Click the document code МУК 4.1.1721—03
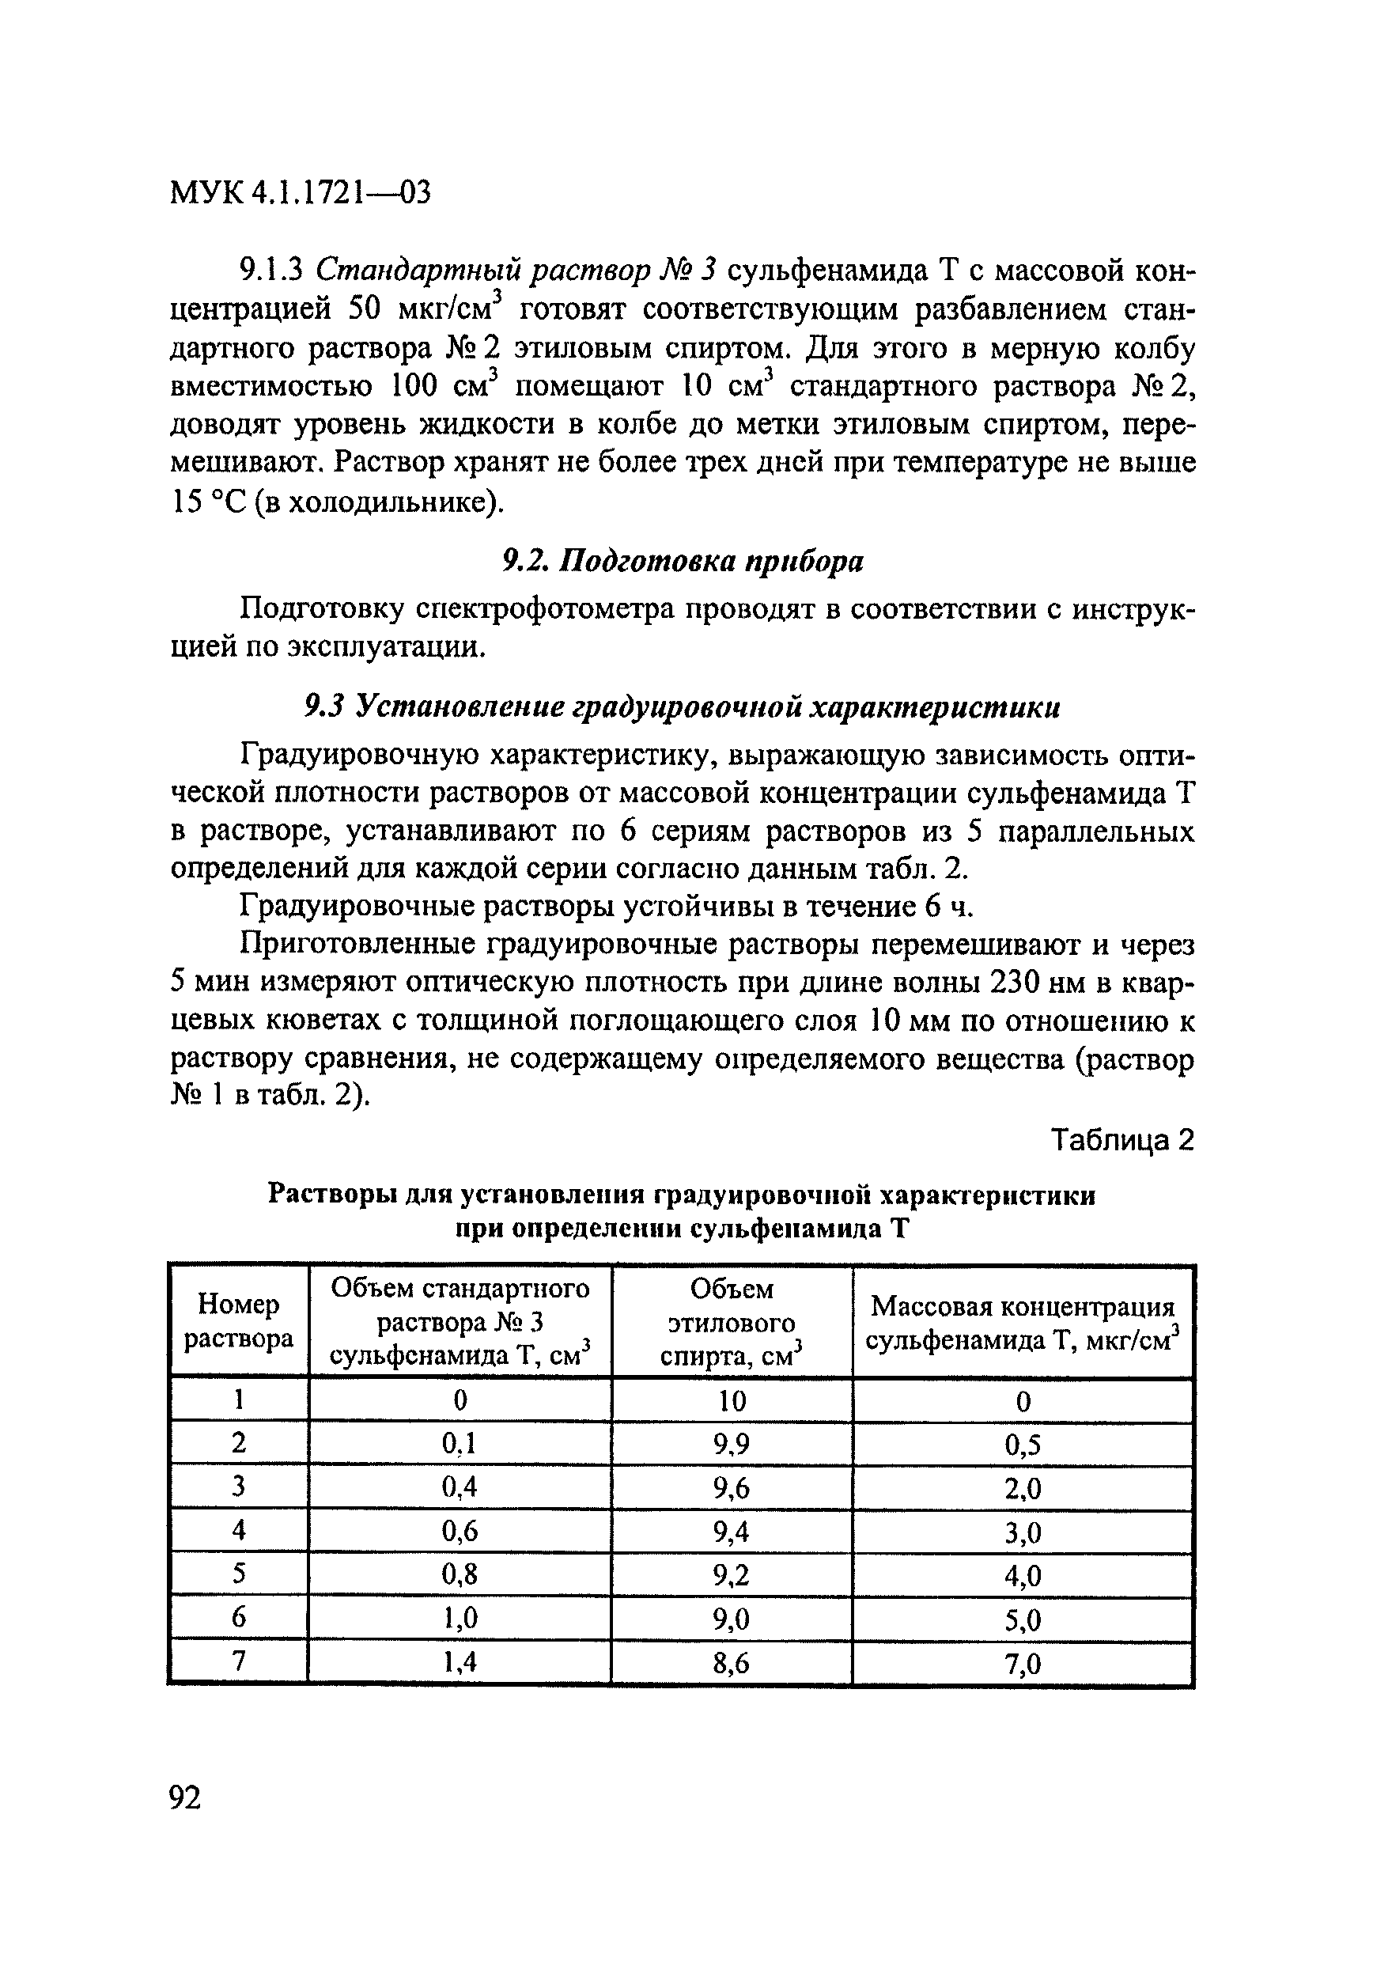pyautogui.click(x=300, y=193)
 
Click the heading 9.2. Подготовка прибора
pyautogui.click(x=682, y=561)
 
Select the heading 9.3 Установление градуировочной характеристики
pyautogui.click(x=682, y=706)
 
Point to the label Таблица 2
pyautogui.click(x=1121, y=1140)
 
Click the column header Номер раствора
pyautogui.click(x=238, y=1321)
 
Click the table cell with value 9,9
pyautogui.click(x=732, y=1443)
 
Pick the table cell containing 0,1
pyautogui.click(x=459, y=1443)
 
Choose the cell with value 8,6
pyautogui.click(x=732, y=1661)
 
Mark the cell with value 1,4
pyautogui.click(x=459, y=1661)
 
